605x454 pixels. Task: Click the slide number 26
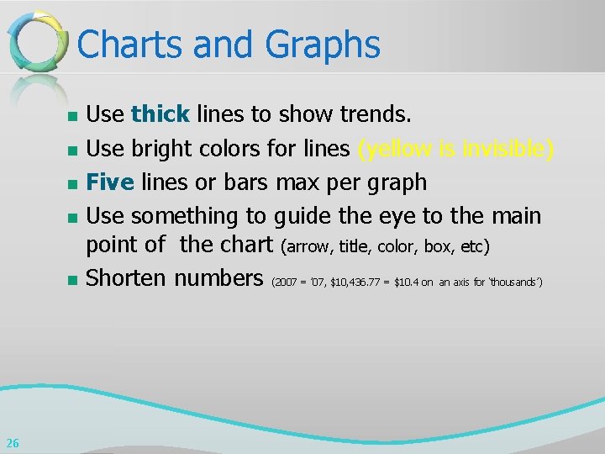coord(12,443)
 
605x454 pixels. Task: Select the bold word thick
coord(160,113)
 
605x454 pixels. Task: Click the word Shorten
coord(127,277)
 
